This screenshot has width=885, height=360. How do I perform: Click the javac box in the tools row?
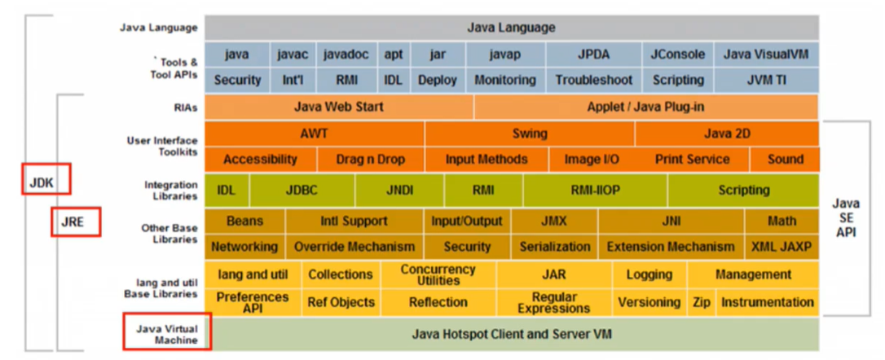click(293, 55)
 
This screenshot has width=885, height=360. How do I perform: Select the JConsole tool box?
click(677, 55)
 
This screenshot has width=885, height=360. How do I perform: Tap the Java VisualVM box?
click(765, 55)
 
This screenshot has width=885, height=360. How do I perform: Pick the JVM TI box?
click(765, 80)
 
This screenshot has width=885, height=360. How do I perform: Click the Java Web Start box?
click(338, 107)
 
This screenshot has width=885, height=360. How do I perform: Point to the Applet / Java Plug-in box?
click(645, 107)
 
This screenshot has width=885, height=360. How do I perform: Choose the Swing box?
click(530, 133)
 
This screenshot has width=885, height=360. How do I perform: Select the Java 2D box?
click(727, 133)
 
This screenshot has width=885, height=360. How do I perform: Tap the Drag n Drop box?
click(370, 159)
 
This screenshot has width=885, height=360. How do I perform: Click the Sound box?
click(785, 159)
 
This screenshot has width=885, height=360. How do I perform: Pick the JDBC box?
click(302, 190)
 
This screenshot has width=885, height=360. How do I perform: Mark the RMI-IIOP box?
click(595, 190)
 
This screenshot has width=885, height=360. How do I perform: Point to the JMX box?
click(553, 221)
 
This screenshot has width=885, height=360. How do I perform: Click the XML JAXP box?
click(782, 246)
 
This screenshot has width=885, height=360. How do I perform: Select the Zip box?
click(701, 301)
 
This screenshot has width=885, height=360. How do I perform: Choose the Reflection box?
click(438, 301)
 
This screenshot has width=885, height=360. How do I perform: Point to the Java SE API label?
click(848, 217)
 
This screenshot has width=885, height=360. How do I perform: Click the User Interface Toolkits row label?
click(162, 146)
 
